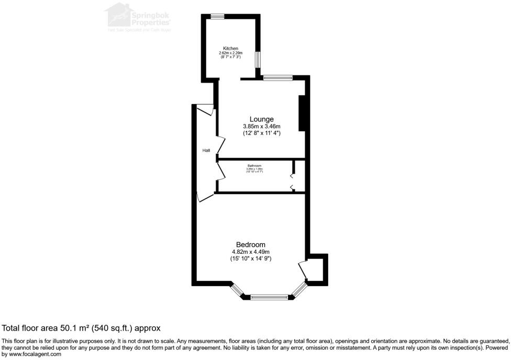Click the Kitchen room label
click(230, 48)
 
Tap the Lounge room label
click(261, 119)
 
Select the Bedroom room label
click(250, 244)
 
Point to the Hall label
click(206, 151)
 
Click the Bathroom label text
click(254, 165)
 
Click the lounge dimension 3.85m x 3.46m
click(261, 127)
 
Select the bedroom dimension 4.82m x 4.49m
click(250, 251)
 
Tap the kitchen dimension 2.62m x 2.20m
click(230, 53)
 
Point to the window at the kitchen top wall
click(218, 16)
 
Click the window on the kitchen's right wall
click(258, 59)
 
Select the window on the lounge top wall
click(277, 78)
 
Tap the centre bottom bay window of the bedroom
click(269, 297)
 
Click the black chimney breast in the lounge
click(302, 113)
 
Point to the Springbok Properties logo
click(139, 17)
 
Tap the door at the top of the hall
click(205, 110)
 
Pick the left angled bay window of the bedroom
click(237, 289)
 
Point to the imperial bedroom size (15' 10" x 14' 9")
click(250, 258)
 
